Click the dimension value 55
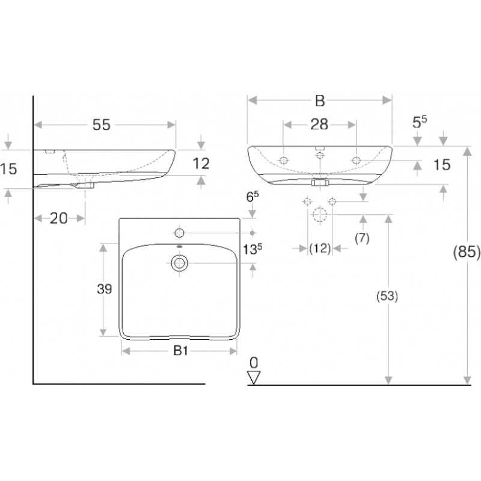point(102,125)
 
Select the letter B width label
point(320,100)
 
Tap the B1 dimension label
point(180,351)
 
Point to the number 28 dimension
point(319,124)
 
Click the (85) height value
point(467,252)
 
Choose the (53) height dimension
point(387,296)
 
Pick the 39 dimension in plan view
point(104,289)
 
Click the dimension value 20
point(58,218)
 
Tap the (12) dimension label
point(320,248)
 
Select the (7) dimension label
point(362,238)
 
